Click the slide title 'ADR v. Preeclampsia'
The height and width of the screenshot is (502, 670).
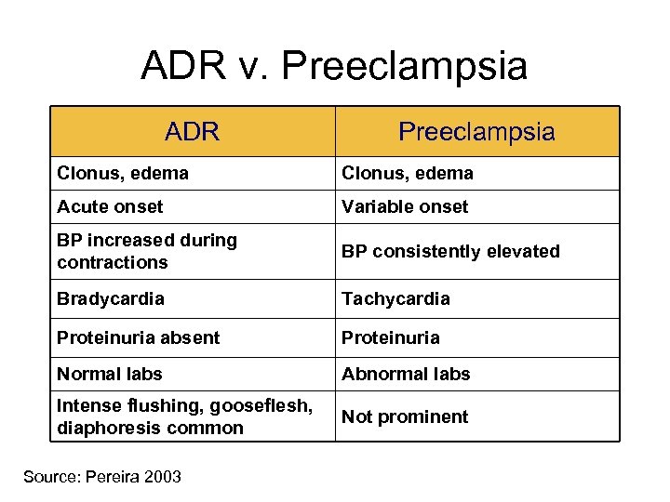coord(334,66)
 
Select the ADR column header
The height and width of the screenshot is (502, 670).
coord(192,132)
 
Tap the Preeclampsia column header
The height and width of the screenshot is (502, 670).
coord(476,132)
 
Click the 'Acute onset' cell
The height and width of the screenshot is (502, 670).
coord(110,206)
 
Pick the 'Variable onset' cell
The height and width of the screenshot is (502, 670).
coord(405,206)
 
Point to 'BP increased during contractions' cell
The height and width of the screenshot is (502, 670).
coord(147,251)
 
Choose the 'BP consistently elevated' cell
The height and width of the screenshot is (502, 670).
coord(450,251)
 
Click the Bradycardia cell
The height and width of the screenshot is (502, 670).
coord(111,298)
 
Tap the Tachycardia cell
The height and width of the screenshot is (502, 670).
coord(395,298)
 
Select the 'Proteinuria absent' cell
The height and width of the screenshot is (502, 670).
coord(139,337)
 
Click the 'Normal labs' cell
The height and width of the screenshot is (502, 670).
coord(110,374)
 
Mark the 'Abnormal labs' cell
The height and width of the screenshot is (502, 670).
coord(406,374)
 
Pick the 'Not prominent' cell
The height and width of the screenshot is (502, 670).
coord(405,416)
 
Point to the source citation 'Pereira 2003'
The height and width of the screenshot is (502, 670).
coord(102,477)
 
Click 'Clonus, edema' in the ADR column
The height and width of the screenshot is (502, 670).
coord(123,173)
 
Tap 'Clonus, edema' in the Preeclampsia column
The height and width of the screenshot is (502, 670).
coord(408,173)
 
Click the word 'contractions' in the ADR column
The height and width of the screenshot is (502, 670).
coord(113,262)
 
